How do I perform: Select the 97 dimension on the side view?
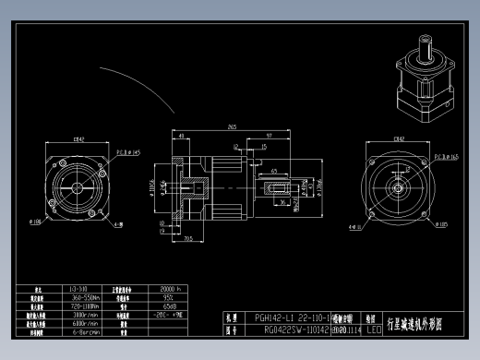[x=268, y=135]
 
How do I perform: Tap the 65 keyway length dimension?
[x=275, y=171]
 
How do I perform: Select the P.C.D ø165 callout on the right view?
[x=447, y=157]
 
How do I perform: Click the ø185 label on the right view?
[x=442, y=223]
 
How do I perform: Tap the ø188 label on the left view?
[x=37, y=222]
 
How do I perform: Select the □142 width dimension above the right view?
[x=399, y=139]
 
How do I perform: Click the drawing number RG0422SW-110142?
[x=290, y=329]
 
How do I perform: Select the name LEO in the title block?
[x=373, y=329]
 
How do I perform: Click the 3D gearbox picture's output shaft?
[x=426, y=46]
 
